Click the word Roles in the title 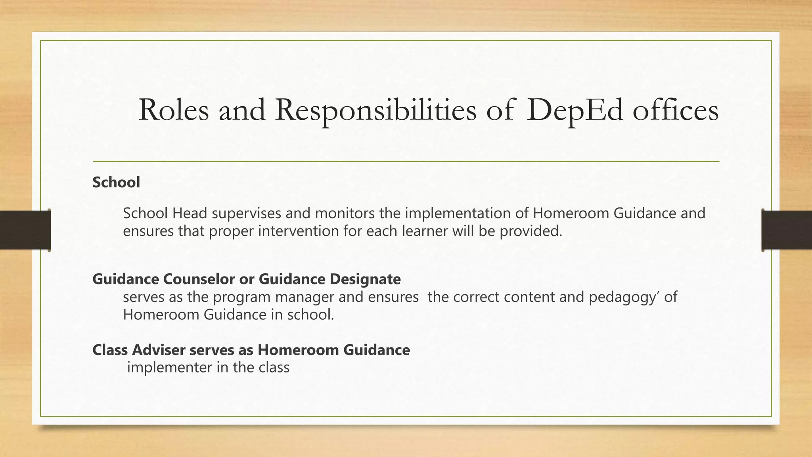point(174,110)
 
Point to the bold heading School point(116,182)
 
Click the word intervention point(299,231)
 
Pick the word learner point(425,231)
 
